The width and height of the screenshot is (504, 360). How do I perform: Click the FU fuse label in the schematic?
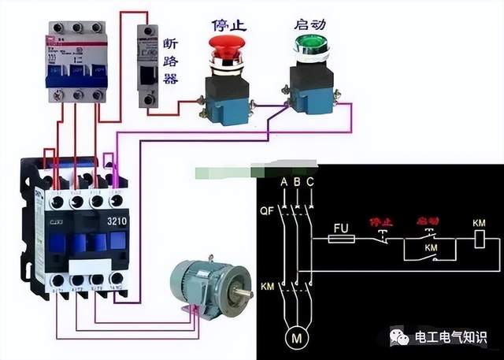(341, 228)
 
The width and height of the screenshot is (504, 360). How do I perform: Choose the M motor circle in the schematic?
(297, 340)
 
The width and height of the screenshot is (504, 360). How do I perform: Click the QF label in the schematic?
(265, 211)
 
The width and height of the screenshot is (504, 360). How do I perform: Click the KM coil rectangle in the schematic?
(479, 238)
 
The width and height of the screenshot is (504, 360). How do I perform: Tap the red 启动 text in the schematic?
(428, 222)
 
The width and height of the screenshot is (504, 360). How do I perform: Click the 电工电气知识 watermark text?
(452, 337)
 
